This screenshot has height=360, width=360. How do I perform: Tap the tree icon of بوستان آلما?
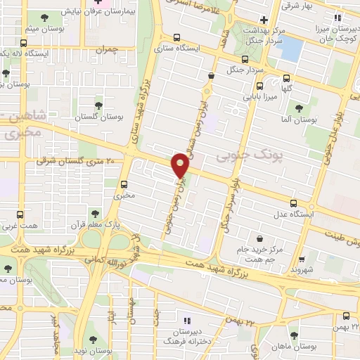(x=299, y=108)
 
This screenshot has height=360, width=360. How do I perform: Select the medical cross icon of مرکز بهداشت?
(x=264, y=20)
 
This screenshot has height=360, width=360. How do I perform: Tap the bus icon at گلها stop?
(x=286, y=79)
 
